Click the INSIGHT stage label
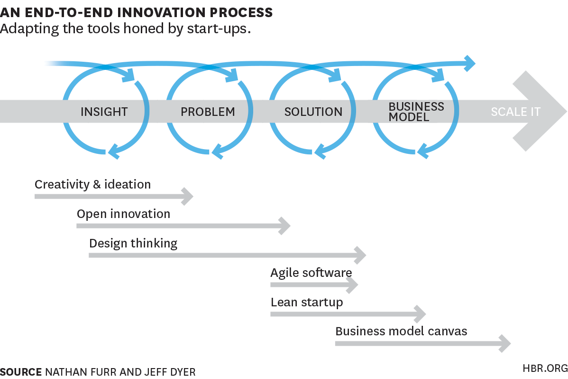104,112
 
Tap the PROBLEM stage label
208,112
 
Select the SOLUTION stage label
313,112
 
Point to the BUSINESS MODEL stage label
416,112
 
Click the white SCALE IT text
515,112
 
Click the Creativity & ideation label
93,184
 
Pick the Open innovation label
124,214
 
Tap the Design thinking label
133,244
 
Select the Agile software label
311,273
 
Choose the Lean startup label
307,303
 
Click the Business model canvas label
402,332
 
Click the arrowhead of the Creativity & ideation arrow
188,197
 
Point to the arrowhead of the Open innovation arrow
285,226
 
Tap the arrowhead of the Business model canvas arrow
505,343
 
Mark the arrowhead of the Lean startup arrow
420,314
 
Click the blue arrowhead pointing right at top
470,64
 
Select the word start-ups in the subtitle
217,28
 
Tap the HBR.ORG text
545,369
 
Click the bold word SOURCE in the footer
21,372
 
